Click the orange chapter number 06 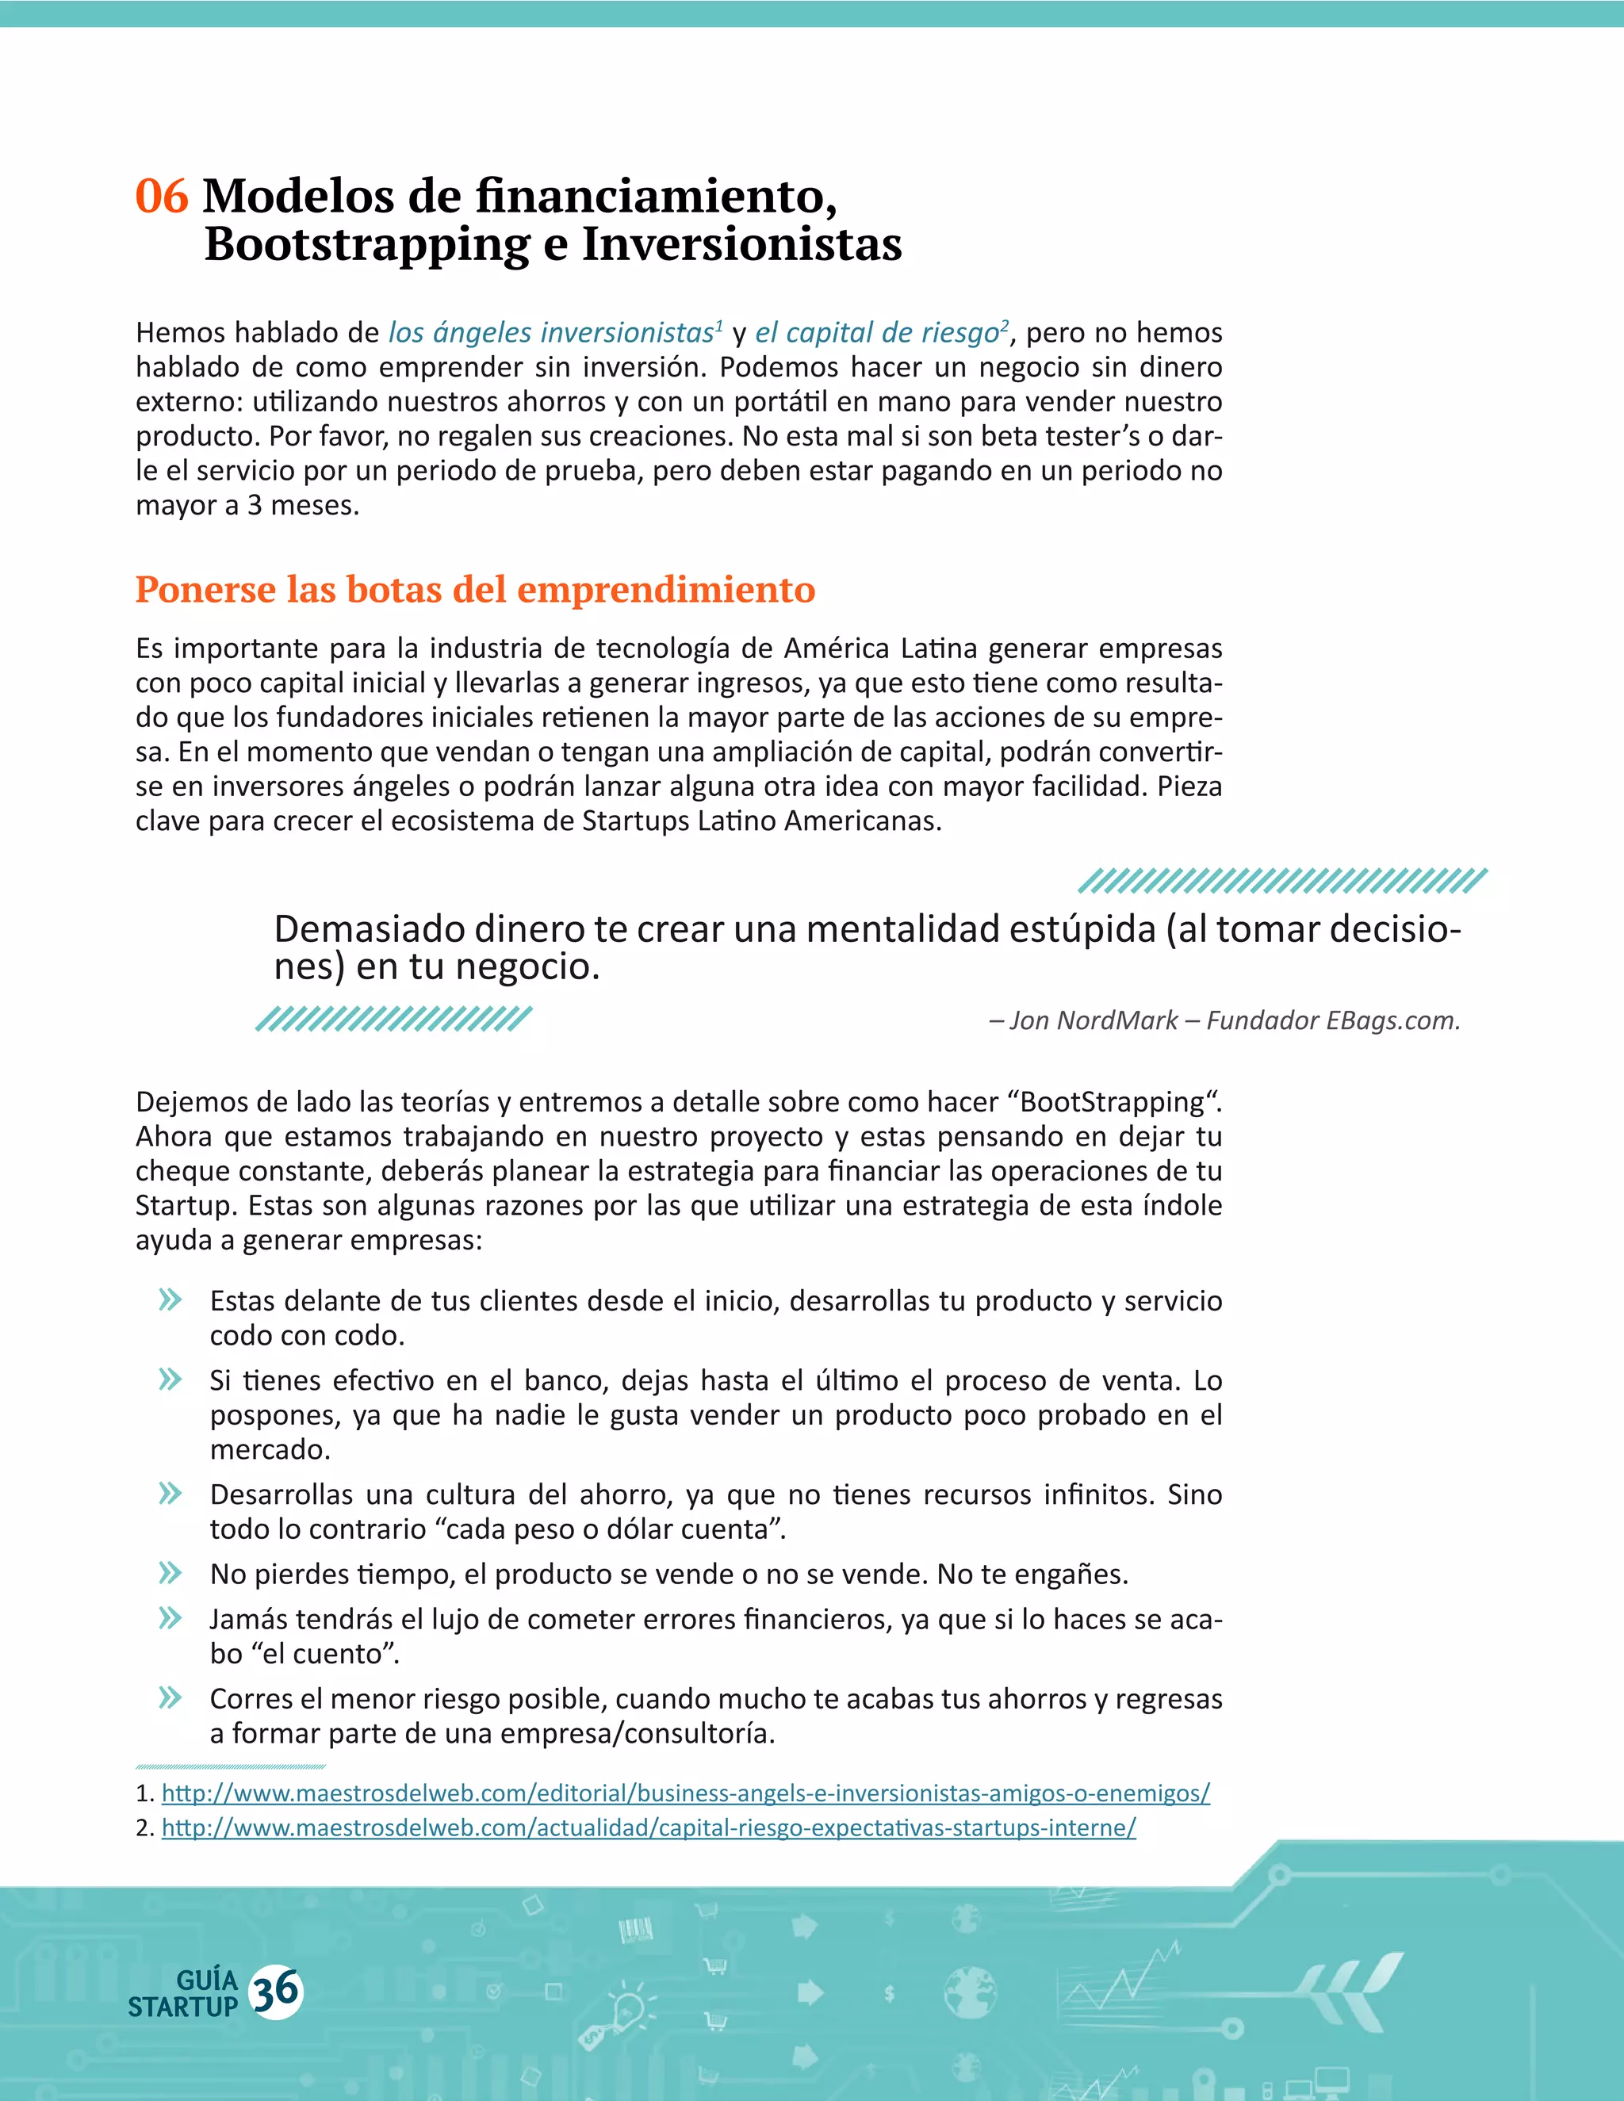pyautogui.click(x=162, y=197)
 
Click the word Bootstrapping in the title pyautogui.click(x=366, y=244)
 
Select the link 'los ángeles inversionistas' pyautogui.click(x=550, y=333)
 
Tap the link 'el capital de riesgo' pyautogui.click(x=876, y=333)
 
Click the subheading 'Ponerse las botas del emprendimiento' pyautogui.click(x=475, y=590)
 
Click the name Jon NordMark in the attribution pyautogui.click(x=1093, y=1020)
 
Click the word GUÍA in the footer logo pyautogui.click(x=207, y=1980)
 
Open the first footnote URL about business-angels pyautogui.click(x=685, y=1793)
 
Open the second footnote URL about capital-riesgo pyautogui.click(x=649, y=1827)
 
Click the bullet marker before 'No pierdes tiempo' pyautogui.click(x=170, y=1574)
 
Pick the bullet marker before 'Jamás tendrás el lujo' pyautogui.click(x=170, y=1618)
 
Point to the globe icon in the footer pyautogui.click(x=970, y=1992)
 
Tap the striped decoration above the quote pyautogui.click(x=1282, y=880)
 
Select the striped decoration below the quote pyautogui.click(x=393, y=1019)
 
